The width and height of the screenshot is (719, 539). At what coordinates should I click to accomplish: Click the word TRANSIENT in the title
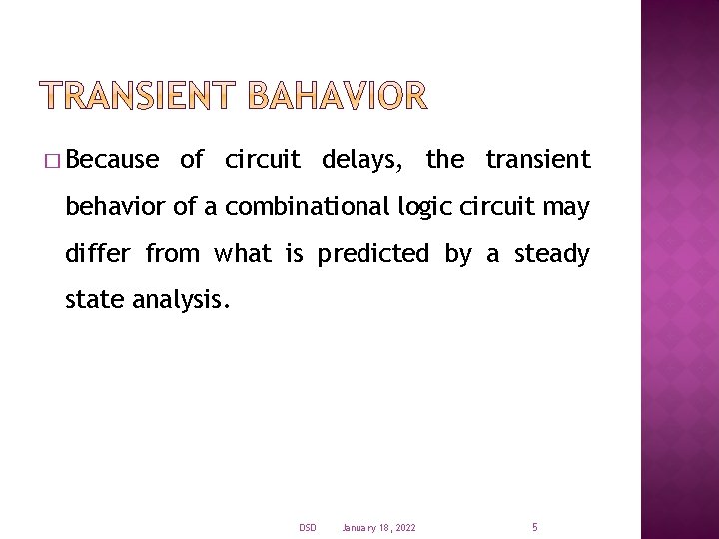coord(139,96)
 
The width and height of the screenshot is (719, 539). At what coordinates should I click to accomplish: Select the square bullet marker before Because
coord(52,161)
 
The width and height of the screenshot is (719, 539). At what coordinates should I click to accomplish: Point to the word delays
coord(362,160)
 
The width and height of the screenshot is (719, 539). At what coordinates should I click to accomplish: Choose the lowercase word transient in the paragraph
coord(537,160)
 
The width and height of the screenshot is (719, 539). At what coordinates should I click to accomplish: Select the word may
coord(567,209)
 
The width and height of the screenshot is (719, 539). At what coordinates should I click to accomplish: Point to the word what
coord(244,254)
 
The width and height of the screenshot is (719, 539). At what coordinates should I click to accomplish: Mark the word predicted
coord(372,254)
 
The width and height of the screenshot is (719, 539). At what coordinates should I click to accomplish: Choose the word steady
coord(552,255)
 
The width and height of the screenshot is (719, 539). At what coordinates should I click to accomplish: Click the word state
coord(94,299)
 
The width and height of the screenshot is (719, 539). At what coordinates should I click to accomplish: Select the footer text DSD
coord(307,527)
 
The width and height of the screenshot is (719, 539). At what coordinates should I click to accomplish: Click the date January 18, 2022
coord(378,527)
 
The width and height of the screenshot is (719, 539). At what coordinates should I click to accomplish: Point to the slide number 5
coord(535,526)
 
